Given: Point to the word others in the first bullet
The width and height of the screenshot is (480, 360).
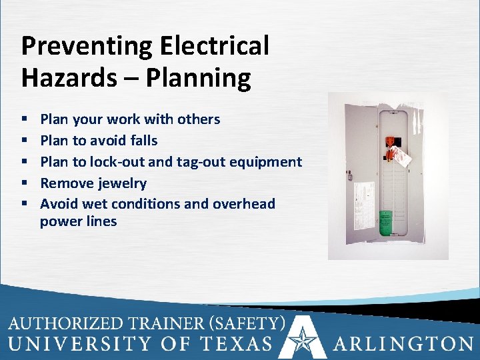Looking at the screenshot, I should click(x=197, y=119).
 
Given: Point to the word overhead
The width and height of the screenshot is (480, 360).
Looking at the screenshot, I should click(x=244, y=204).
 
